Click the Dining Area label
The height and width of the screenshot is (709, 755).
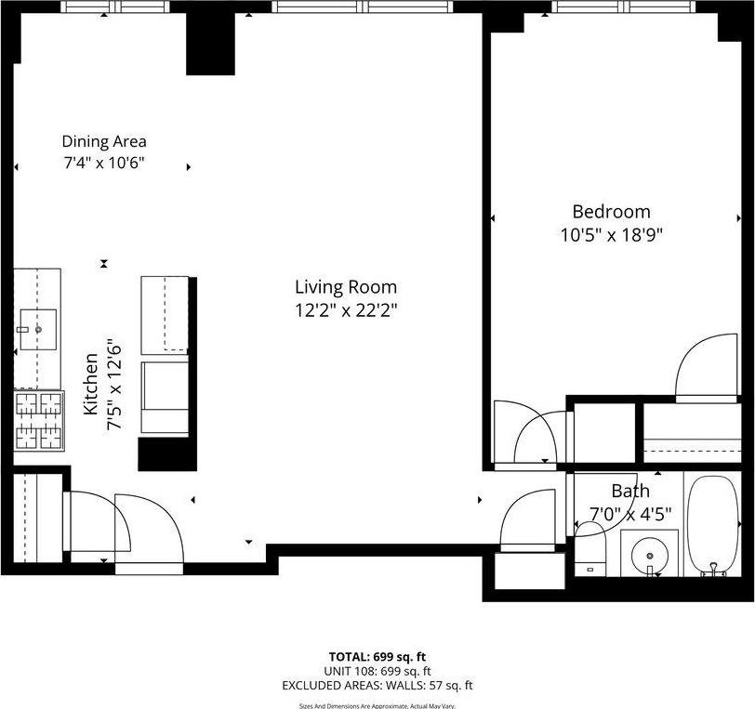(104, 142)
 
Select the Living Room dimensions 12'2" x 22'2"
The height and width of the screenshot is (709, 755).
(346, 310)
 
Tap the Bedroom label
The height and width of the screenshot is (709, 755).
(611, 212)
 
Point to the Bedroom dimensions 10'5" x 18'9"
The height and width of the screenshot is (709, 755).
(611, 235)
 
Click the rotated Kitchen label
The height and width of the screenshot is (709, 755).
(91, 384)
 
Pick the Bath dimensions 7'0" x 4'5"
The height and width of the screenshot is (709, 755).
(630, 513)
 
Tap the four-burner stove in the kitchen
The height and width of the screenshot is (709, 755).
(38, 421)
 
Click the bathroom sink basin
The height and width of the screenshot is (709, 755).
(649, 556)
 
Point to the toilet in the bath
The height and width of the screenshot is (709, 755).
(589, 548)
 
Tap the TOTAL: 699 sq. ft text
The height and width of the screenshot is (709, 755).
(378, 656)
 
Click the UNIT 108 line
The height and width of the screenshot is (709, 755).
(378, 671)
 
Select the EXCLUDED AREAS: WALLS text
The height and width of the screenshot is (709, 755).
(378, 686)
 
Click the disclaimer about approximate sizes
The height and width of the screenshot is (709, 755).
(377, 705)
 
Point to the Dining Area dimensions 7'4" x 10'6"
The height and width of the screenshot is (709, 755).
(104, 163)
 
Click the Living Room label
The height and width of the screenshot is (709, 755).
(346, 287)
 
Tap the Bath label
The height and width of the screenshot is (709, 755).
(630, 491)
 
